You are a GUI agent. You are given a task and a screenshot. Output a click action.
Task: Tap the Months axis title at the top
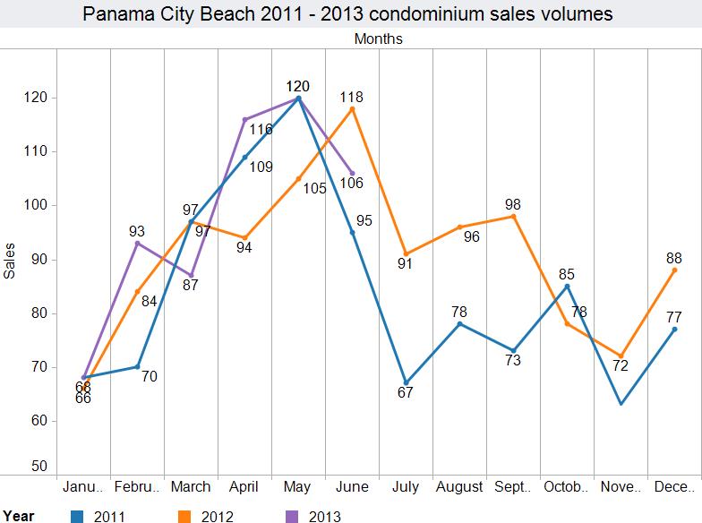378,39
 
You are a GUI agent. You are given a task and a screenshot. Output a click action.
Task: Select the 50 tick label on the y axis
39,466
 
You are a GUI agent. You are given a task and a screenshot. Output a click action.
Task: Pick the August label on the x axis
459,487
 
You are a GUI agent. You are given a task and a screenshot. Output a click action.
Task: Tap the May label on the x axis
297,487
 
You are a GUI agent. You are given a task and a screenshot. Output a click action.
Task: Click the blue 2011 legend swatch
77,515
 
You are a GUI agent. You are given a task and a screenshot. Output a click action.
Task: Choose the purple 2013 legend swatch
290,515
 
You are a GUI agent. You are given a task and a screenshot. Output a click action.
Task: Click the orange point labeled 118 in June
352,108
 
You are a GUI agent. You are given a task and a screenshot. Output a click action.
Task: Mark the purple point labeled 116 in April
244,119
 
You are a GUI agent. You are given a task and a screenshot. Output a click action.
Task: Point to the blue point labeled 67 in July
406,382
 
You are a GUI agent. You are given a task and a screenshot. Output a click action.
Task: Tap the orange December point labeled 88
674,270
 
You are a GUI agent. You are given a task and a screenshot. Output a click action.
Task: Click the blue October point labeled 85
567,286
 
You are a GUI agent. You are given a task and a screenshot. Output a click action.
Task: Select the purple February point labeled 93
137,243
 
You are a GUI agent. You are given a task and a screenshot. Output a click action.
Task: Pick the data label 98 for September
512,204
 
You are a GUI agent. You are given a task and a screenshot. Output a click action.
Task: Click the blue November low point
621,404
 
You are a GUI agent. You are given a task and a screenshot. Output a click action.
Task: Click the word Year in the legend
18,515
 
